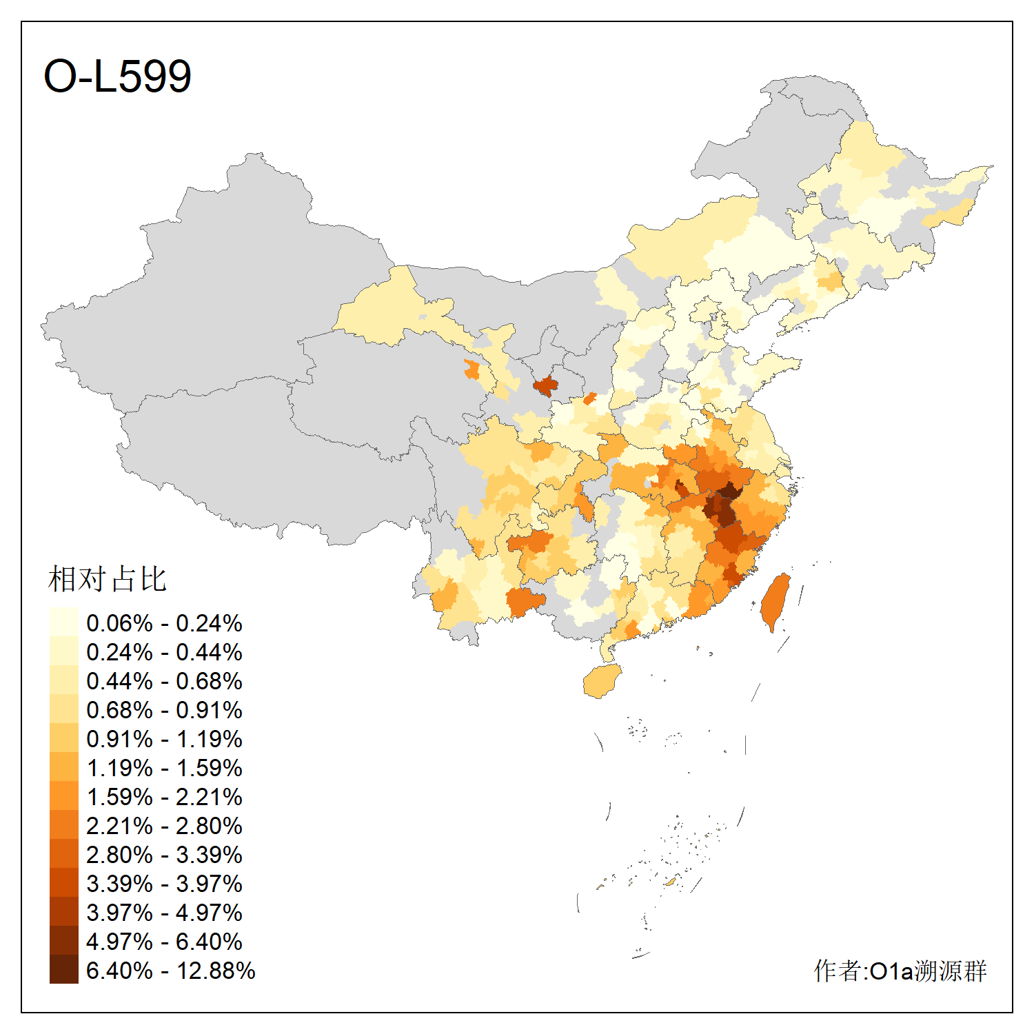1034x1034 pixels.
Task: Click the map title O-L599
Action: (117, 76)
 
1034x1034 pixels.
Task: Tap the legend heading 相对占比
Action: (108, 579)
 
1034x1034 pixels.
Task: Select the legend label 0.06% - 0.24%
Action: (164, 623)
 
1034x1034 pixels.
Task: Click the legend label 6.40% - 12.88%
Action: (170, 971)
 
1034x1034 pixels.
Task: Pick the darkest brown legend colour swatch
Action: (63, 970)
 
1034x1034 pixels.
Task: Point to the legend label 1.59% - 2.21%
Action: (164, 797)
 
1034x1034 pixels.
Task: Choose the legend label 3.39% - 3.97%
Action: (164, 884)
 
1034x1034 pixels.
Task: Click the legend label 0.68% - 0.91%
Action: (164, 710)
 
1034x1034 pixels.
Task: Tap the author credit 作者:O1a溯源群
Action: (900, 971)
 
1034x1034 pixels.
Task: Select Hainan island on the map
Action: (602, 681)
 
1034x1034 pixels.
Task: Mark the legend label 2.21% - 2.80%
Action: (164, 826)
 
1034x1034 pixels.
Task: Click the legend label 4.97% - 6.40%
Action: (164, 942)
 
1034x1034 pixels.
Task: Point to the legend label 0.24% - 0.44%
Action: (164, 652)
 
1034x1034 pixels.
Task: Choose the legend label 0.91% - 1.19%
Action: (164, 739)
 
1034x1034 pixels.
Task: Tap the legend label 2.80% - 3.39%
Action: (164, 855)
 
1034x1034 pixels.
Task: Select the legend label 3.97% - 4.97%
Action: (164, 913)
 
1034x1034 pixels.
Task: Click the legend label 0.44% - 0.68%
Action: (164, 681)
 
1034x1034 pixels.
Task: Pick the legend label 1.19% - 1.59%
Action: (164, 768)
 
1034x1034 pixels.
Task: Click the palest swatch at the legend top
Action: (63, 622)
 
